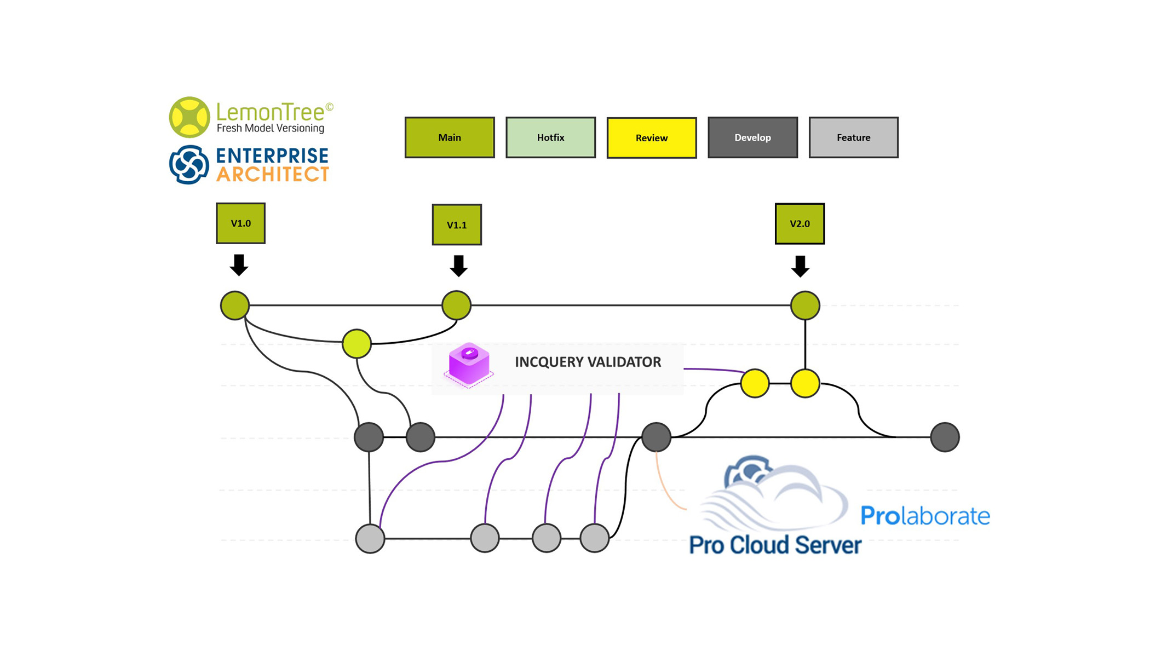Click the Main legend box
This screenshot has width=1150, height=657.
point(450,137)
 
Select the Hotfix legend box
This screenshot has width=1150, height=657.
point(550,137)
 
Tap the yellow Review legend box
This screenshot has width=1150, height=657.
point(652,138)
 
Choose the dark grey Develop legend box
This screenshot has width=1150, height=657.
point(752,137)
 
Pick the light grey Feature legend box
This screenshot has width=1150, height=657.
point(853,137)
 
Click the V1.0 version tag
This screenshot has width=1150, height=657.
point(240,223)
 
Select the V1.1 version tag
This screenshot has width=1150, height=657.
point(457,224)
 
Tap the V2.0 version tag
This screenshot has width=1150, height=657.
point(800,223)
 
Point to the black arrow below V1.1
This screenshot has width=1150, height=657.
point(458,266)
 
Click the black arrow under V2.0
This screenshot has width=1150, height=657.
point(800,267)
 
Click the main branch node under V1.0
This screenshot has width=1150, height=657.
point(235,306)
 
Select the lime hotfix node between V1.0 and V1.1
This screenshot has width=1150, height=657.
point(357,344)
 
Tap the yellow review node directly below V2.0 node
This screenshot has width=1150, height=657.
point(805,383)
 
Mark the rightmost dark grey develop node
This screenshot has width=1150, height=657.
point(945,437)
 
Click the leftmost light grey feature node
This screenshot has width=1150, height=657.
point(370,538)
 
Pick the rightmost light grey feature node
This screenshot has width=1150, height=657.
point(595,538)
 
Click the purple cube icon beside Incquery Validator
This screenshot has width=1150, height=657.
point(469,364)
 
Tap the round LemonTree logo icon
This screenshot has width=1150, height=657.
point(189,117)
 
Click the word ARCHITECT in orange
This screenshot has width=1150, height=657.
point(272,175)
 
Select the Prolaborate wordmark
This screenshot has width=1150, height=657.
point(925,516)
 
